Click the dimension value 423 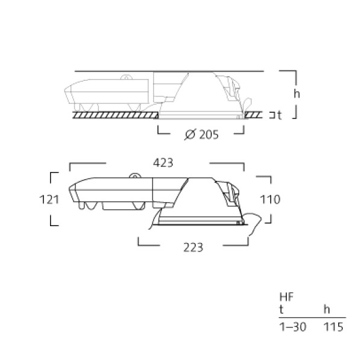[x=163, y=163]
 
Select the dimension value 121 [x=49, y=200]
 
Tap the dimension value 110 [x=270, y=200]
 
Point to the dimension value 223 [x=193, y=248]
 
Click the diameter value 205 [x=209, y=134]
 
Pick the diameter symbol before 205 [x=190, y=134]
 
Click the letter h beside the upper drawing [x=297, y=94]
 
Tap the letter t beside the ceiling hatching [x=279, y=115]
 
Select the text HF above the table [x=286, y=297]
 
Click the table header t [x=281, y=309]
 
